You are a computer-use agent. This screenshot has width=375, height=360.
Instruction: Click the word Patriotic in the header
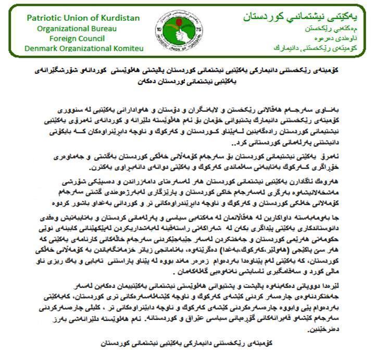click(x=43, y=18)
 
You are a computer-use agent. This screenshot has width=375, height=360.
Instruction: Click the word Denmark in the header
click(x=43, y=48)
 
